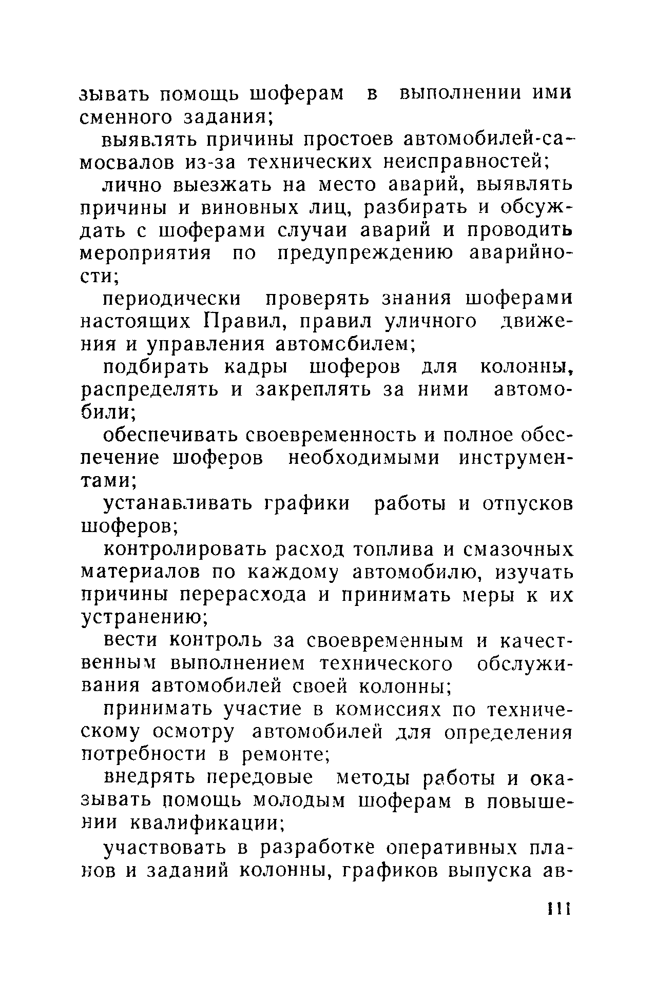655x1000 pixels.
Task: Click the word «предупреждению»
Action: point(364,253)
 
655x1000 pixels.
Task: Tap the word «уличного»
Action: point(430,322)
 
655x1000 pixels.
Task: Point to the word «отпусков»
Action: point(527,504)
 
